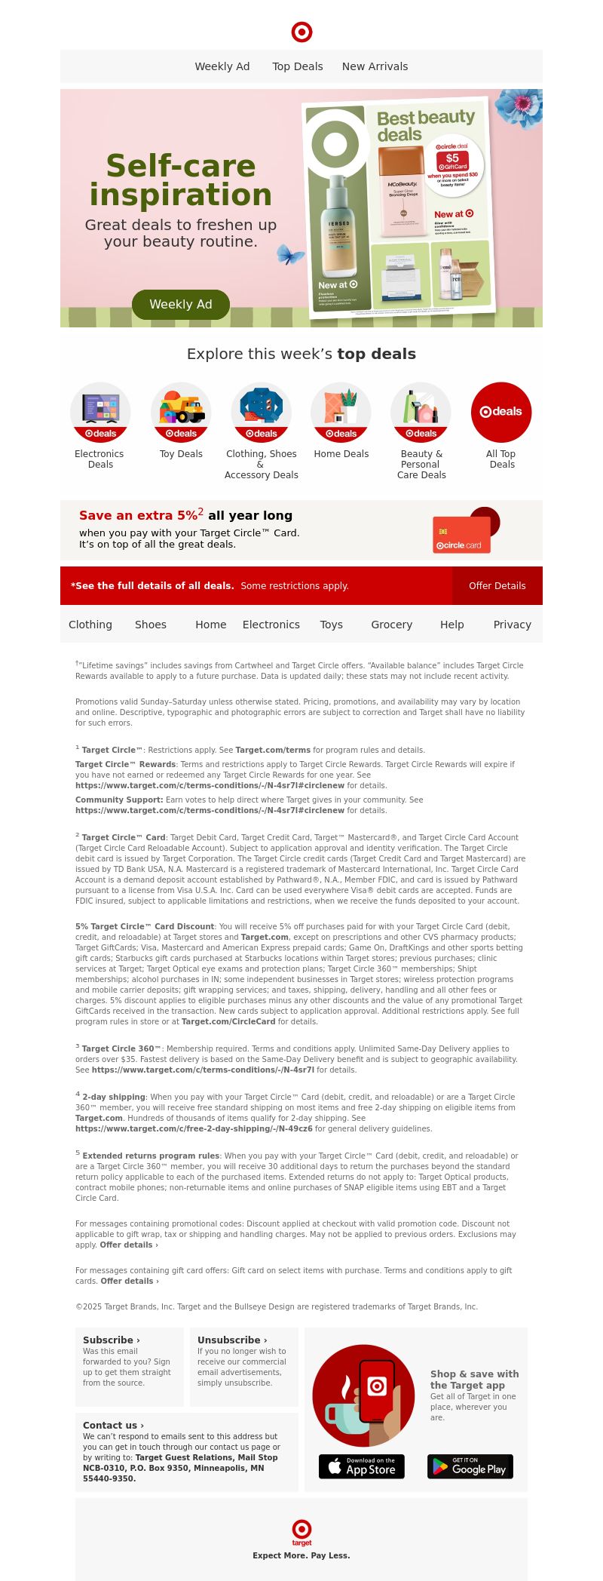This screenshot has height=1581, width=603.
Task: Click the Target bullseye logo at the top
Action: tap(301, 32)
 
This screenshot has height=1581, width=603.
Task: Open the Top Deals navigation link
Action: tap(298, 66)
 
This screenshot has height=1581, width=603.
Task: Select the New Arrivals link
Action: tap(375, 66)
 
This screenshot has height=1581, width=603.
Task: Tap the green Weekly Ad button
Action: tap(181, 305)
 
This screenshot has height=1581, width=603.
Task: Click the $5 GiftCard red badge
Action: tap(452, 161)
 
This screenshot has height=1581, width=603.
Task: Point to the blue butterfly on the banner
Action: tap(290, 253)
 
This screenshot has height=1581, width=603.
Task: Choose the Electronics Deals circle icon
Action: tap(100, 412)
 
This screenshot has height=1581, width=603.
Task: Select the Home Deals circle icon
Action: tap(341, 412)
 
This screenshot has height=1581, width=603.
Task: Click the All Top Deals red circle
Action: tap(501, 412)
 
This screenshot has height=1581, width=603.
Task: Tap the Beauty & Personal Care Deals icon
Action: tap(421, 412)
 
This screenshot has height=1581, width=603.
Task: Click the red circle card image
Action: tap(462, 534)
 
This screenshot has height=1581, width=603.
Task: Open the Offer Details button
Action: tap(497, 586)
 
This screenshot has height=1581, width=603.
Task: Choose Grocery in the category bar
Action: tap(391, 625)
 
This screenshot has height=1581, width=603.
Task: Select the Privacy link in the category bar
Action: tap(513, 625)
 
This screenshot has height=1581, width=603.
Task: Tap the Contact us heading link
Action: tap(113, 1425)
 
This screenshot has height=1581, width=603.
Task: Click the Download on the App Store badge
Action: tap(362, 1466)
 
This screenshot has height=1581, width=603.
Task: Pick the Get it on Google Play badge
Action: tap(470, 1466)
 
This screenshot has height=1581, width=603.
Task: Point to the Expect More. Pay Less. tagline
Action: tap(301, 1555)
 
